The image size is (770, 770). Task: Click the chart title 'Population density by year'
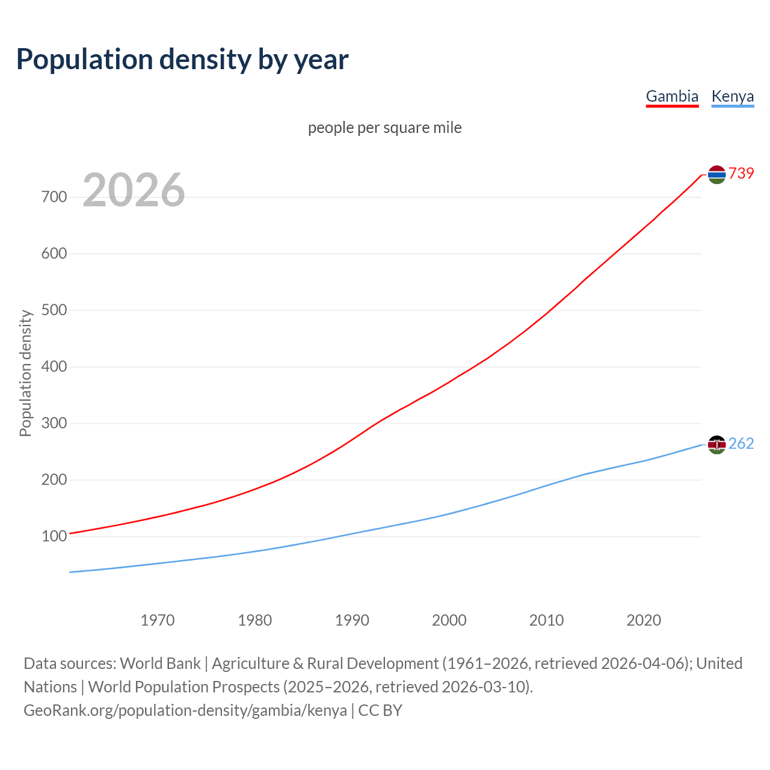click(x=182, y=59)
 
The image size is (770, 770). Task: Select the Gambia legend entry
click(x=672, y=96)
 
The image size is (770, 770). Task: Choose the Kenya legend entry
click(x=732, y=96)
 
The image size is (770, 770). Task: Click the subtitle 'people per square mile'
click(x=384, y=128)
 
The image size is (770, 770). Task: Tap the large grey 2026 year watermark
click(x=134, y=190)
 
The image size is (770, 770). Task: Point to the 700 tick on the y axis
click(x=54, y=197)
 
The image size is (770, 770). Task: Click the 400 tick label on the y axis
click(x=54, y=366)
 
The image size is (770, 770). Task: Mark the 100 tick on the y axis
click(x=54, y=536)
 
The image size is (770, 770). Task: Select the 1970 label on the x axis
click(x=158, y=620)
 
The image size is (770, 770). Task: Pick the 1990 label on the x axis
click(x=352, y=620)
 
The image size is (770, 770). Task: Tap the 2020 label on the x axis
click(x=644, y=620)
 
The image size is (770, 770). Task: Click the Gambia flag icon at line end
click(x=716, y=174)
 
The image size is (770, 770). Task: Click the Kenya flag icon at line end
click(x=716, y=445)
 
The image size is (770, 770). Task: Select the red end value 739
click(x=741, y=173)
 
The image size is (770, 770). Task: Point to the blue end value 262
click(x=741, y=444)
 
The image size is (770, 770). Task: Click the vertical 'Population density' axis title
click(x=25, y=373)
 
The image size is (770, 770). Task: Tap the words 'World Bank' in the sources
click(x=160, y=664)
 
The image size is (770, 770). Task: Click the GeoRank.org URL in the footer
click(x=185, y=710)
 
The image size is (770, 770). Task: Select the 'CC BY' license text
click(x=380, y=710)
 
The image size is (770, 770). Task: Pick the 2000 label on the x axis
click(x=449, y=620)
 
